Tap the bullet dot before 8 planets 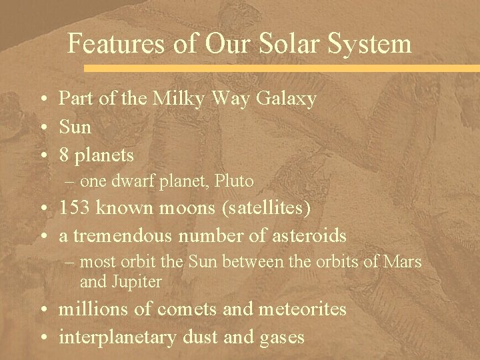coord(42,156)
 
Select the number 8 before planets coord(64,155)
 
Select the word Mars coord(404,262)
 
